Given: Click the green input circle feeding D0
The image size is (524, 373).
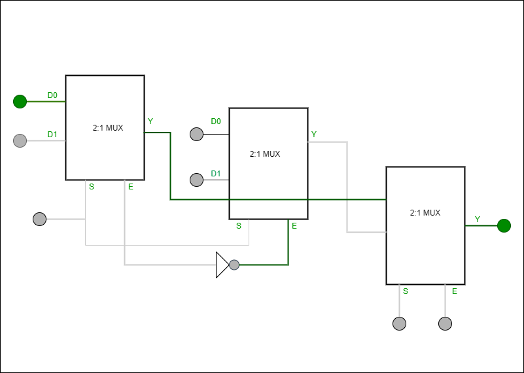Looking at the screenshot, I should (x=20, y=101).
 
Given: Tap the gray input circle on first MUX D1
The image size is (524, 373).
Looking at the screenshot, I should (x=20, y=140).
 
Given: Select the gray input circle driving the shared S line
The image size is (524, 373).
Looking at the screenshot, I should (x=39, y=219).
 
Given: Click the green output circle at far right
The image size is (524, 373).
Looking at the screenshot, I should (x=504, y=225).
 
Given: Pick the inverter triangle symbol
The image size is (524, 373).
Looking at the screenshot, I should (x=222, y=265).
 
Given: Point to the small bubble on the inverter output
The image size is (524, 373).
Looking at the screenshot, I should (x=234, y=265).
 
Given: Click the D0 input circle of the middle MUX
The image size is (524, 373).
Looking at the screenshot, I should (x=196, y=134).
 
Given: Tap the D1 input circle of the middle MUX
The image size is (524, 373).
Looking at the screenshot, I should (x=196, y=180).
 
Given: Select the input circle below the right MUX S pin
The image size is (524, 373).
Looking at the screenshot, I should (x=399, y=323).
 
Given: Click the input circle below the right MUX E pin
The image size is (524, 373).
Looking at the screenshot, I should (x=445, y=323).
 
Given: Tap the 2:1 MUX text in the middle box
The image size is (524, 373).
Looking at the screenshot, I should (x=265, y=154).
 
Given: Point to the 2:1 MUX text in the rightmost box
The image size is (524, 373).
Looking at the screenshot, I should (x=425, y=213).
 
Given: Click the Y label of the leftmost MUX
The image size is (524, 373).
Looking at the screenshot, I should (x=150, y=122).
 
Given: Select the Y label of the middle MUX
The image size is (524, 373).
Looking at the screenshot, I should (x=314, y=135).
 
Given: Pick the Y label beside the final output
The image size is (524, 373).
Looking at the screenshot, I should (x=478, y=219).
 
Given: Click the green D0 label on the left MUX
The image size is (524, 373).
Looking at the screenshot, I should (x=52, y=95).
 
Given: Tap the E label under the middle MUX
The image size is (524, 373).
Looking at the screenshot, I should (x=294, y=226).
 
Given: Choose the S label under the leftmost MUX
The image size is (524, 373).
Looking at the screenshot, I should (x=92, y=187).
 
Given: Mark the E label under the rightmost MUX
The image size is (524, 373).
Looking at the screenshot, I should (x=455, y=291).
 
